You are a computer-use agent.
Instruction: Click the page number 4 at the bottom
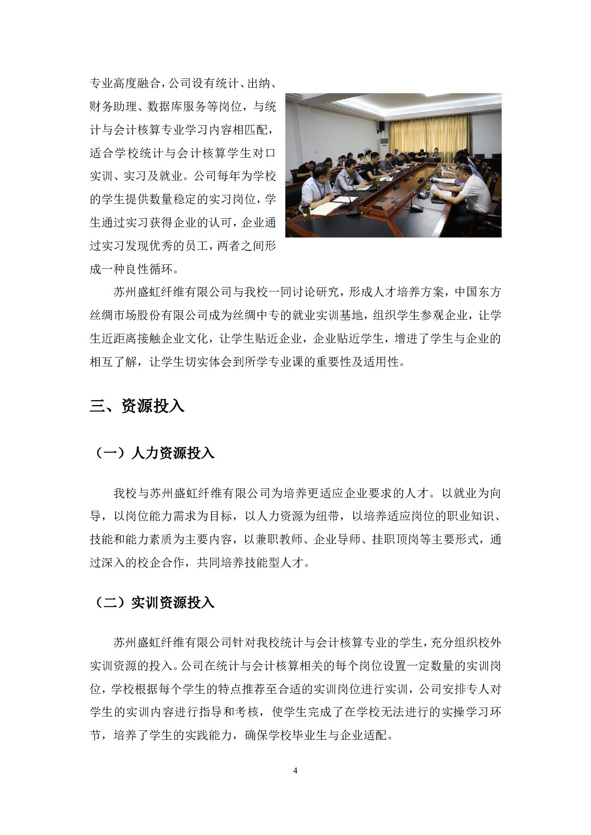click(x=295, y=770)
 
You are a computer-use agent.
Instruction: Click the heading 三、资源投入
click(x=137, y=406)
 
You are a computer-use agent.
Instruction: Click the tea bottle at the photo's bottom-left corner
click(x=307, y=212)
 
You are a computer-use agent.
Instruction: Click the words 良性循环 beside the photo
click(x=149, y=269)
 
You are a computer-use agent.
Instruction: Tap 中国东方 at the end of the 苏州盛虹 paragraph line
click(x=477, y=293)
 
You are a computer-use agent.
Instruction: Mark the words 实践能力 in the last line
click(x=209, y=735)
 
